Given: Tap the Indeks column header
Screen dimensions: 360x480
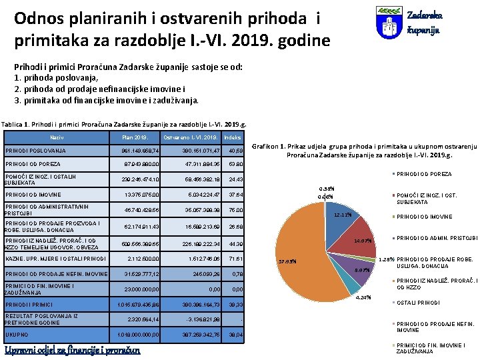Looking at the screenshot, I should (233, 137).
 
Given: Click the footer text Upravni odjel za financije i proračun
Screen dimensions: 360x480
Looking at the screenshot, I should (73, 351).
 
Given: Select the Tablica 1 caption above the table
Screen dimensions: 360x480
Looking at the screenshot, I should (124, 124).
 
